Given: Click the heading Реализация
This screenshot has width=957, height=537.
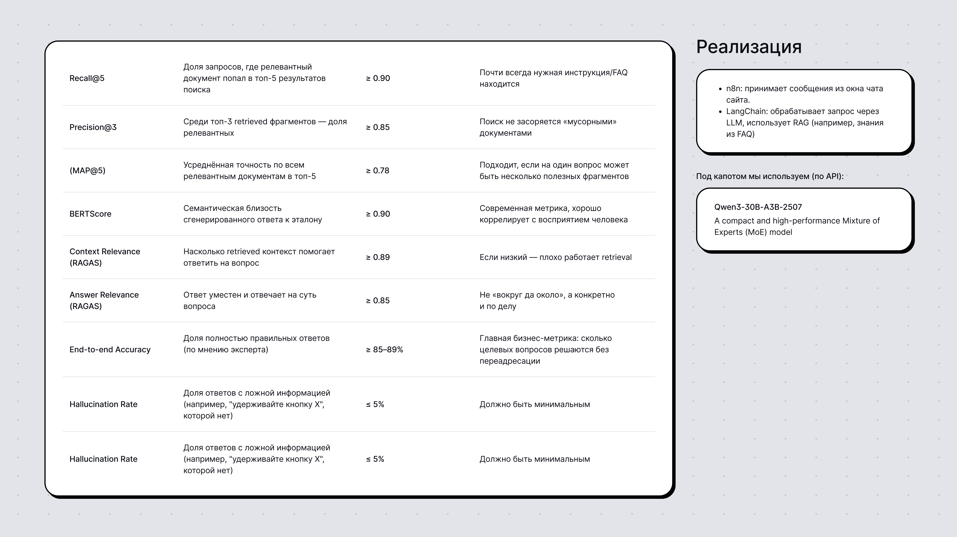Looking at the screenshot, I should click(x=749, y=47).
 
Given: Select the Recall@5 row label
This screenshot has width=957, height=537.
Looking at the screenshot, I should click(x=87, y=78).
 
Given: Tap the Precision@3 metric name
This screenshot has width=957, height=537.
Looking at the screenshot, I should click(x=93, y=127).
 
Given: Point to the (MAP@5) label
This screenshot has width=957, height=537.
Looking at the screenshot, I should click(x=87, y=170).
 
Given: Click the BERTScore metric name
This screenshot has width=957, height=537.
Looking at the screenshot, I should click(x=90, y=214).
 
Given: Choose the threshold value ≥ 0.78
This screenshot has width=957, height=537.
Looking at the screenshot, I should click(x=377, y=170).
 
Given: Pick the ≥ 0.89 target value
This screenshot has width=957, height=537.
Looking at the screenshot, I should click(x=378, y=257).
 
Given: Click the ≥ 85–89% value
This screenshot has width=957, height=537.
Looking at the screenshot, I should click(x=384, y=350).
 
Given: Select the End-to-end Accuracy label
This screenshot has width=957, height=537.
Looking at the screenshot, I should click(x=110, y=350).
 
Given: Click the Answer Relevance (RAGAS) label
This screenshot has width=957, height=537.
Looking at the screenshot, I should click(x=104, y=300).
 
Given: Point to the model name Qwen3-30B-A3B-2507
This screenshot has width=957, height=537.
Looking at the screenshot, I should click(x=758, y=207).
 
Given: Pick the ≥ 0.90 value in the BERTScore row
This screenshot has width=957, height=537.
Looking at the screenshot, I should click(x=378, y=214).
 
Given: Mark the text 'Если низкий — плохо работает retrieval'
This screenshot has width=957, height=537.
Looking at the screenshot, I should click(x=555, y=257).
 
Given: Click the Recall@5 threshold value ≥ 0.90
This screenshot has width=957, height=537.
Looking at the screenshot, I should click(x=378, y=78).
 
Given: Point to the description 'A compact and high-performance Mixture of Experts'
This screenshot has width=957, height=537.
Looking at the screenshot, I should click(x=797, y=226).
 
